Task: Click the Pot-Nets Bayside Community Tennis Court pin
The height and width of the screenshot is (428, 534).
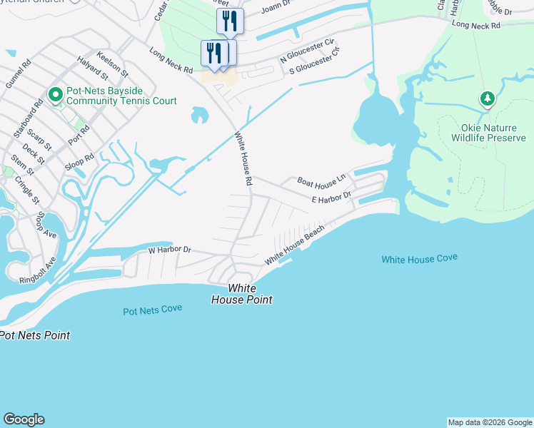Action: (x=54, y=95)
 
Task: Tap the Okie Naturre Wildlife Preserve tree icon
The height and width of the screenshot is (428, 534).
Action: (x=488, y=98)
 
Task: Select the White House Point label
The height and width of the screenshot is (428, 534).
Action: (x=241, y=294)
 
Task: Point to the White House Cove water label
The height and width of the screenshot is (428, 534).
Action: (x=419, y=259)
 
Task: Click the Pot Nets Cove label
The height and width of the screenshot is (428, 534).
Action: (x=152, y=310)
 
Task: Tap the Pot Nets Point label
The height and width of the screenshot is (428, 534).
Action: (x=34, y=335)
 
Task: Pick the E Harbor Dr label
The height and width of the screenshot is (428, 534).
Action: (x=331, y=197)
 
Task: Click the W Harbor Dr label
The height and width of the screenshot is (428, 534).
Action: (x=170, y=250)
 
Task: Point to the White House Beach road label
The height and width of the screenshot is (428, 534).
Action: (x=295, y=245)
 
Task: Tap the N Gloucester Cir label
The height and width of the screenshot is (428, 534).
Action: (x=307, y=51)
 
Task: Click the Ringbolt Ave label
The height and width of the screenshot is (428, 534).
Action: (x=38, y=272)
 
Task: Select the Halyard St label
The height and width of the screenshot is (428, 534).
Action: (x=92, y=67)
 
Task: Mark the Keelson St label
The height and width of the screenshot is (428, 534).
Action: (x=112, y=63)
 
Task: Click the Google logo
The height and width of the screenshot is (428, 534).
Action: (x=24, y=419)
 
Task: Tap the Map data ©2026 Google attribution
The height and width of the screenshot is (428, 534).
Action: (x=490, y=422)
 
